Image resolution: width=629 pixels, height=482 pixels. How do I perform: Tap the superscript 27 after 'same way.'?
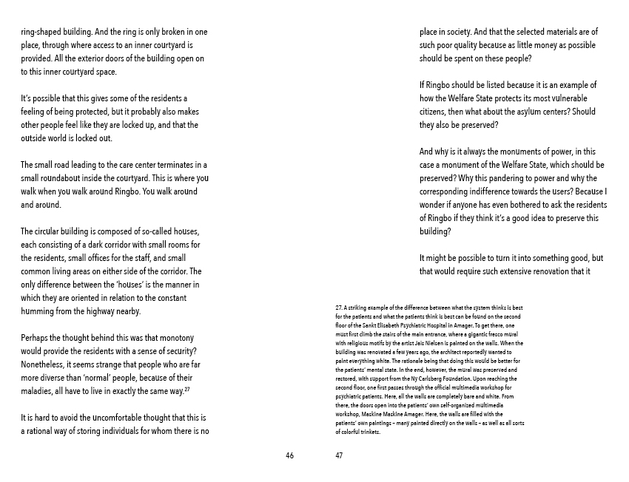(187, 388)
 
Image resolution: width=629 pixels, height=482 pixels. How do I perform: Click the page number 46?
(289, 455)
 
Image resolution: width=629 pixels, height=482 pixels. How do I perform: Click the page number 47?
(339, 455)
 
